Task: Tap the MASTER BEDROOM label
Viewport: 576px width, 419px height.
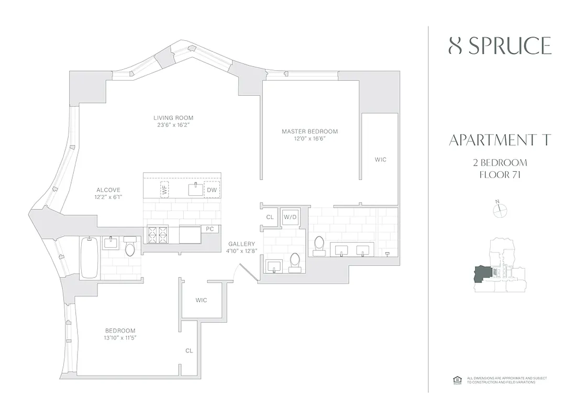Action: pos(309,131)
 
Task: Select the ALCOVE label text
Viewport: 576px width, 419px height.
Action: pos(108,190)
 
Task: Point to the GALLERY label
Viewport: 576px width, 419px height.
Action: pos(241,244)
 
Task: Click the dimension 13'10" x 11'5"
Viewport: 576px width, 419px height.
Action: pos(120,338)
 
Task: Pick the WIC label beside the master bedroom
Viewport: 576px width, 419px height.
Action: pos(381,159)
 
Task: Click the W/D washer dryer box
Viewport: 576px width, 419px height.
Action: pos(290,217)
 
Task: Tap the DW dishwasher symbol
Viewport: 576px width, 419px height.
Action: pos(212,190)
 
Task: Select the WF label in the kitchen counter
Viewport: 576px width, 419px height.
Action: pos(164,190)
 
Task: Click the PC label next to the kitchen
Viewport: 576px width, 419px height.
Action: pos(210,229)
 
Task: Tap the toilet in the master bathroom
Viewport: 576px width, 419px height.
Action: pos(319,244)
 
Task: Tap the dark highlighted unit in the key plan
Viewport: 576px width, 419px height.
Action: pos(483,274)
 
